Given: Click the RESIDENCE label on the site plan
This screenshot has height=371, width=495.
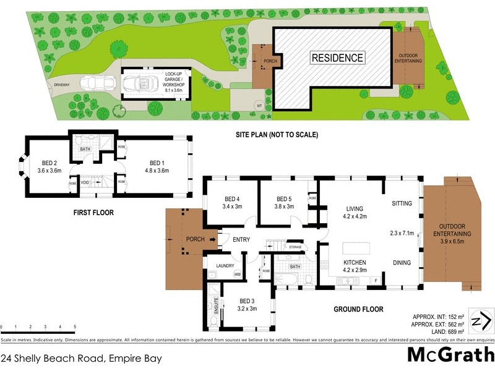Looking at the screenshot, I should (x=337, y=58).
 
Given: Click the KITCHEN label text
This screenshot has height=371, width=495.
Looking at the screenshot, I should (x=355, y=262).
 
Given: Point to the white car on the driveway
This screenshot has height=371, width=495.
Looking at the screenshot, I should (x=99, y=82).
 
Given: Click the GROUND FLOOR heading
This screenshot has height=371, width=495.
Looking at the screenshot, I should (x=359, y=309).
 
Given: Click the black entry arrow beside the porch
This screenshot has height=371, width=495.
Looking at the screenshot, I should (x=212, y=239).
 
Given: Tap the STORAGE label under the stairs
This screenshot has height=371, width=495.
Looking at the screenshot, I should (x=295, y=247).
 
